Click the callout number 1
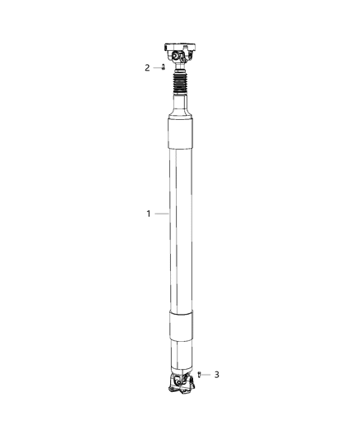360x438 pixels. (148, 214)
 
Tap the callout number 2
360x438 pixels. (147, 67)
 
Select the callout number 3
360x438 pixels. (216, 375)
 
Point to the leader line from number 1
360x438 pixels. (161, 214)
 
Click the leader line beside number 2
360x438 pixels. (156, 67)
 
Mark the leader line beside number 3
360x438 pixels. (207, 375)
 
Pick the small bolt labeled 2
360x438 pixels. (164, 67)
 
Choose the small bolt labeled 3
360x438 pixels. (200, 375)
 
